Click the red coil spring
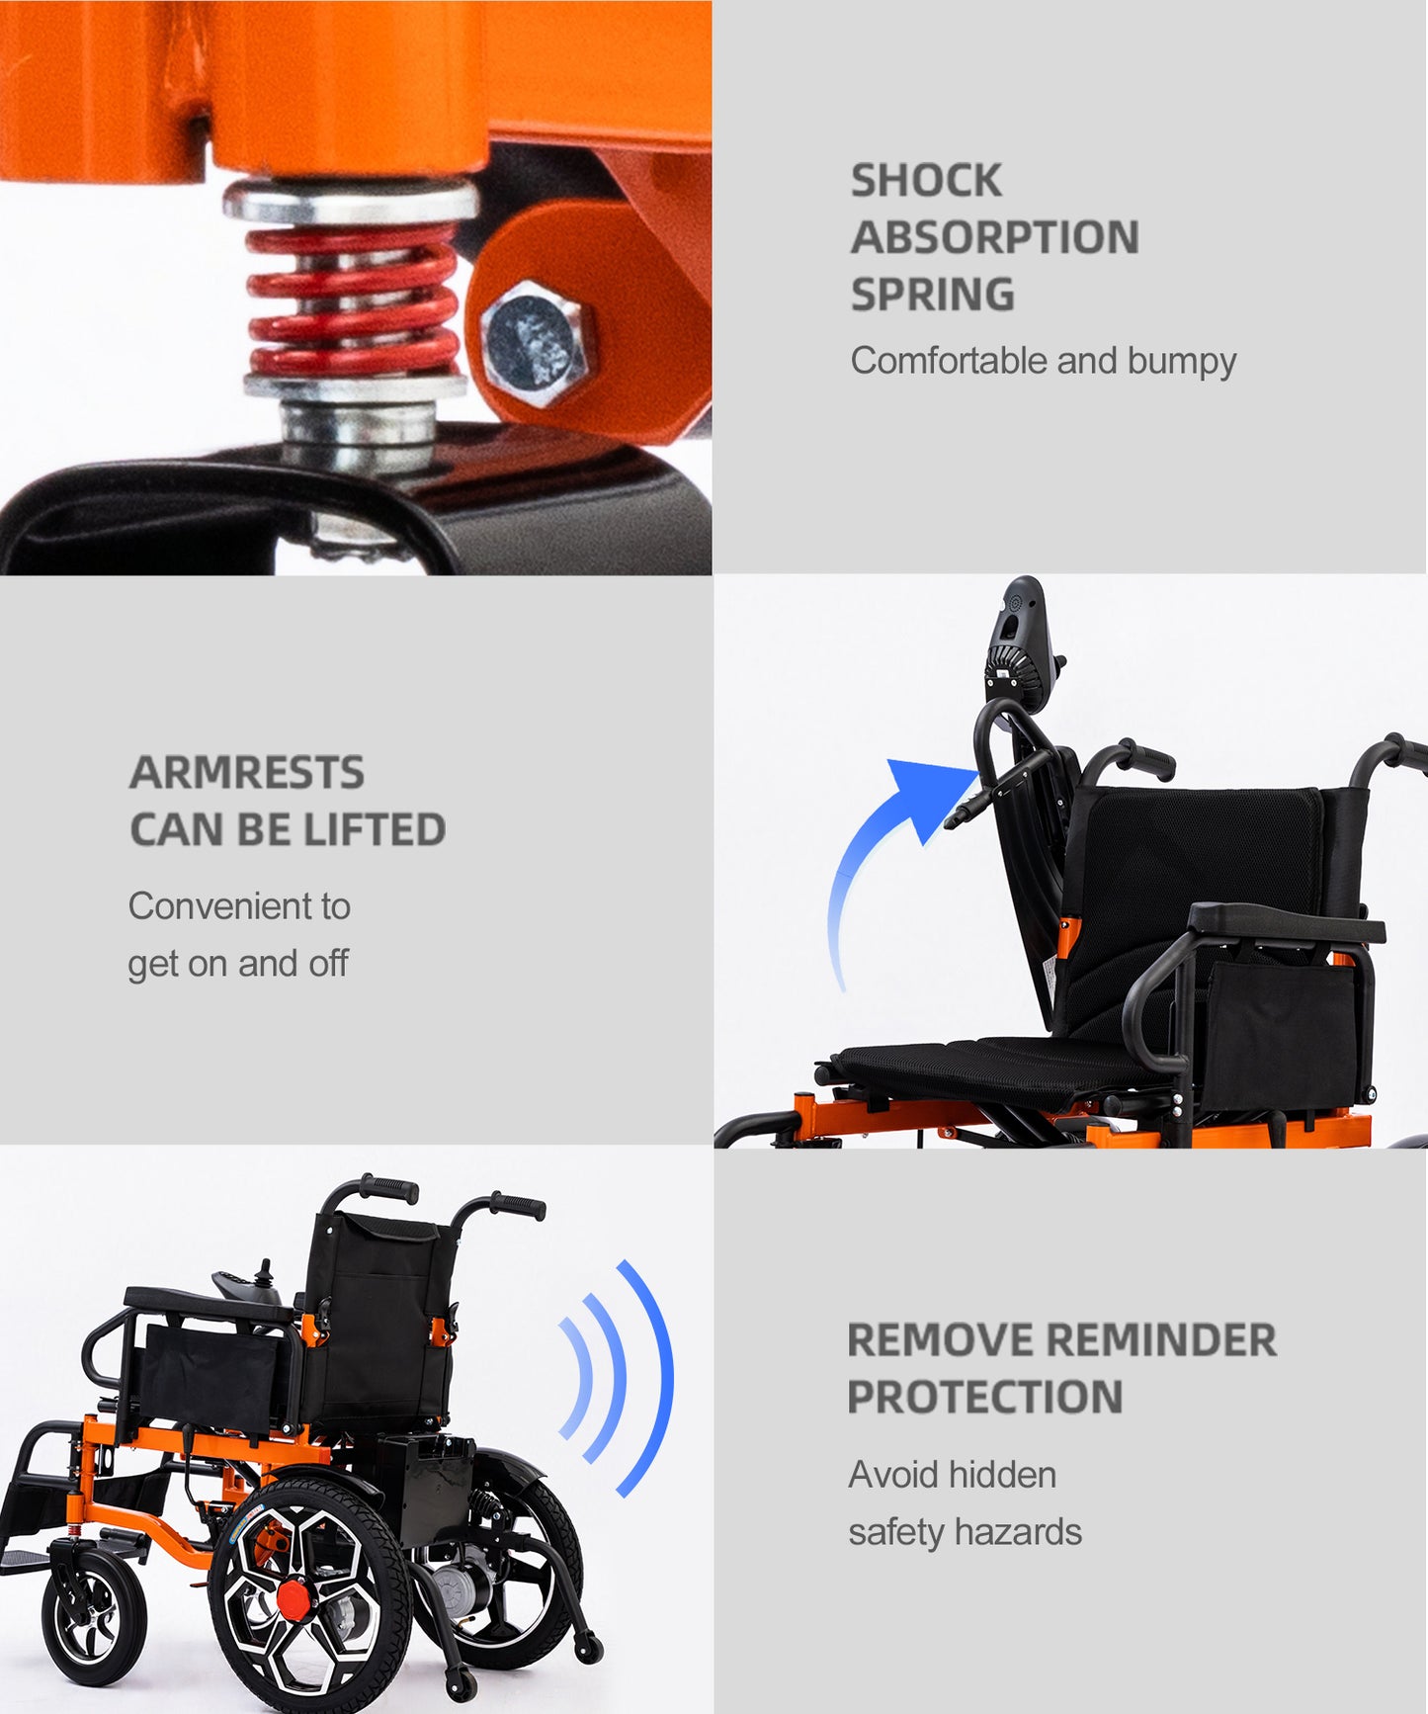point(352,300)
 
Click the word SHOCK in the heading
point(926,181)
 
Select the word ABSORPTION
point(995,238)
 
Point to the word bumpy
point(1182,362)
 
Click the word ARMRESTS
point(247,773)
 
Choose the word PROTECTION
point(985,1398)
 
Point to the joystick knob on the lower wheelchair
point(264,1269)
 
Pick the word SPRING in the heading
point(933,296)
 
